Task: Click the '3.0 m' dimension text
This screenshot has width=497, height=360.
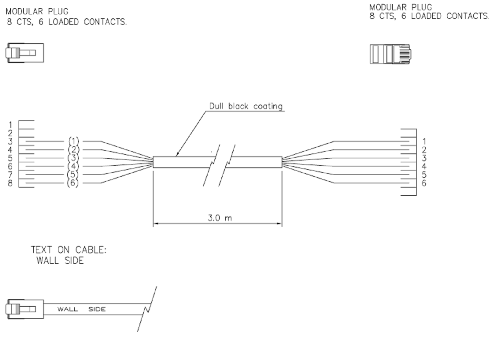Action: point(220,218)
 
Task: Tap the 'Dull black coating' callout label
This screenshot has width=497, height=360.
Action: point(246,106)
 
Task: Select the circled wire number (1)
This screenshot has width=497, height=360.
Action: point(73,141)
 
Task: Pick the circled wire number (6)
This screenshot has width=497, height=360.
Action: point(73,183)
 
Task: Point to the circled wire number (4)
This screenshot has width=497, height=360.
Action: point(73,166)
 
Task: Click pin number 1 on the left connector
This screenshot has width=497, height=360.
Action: point(10,125)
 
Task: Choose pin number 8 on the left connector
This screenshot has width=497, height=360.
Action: point(10,183)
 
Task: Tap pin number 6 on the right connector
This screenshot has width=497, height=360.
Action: point(424,183)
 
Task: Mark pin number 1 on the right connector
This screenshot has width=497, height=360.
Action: point(424,141)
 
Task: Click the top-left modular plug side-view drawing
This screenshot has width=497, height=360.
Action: point(25,53)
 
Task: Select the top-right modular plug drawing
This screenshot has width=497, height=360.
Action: point(391,54)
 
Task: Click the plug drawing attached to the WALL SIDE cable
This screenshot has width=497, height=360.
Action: point(25,309)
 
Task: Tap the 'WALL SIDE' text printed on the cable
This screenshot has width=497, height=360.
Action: point(81,309)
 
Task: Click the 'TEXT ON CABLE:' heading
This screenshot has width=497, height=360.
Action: point(68,250)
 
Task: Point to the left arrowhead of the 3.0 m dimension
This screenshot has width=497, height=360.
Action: point(156,223)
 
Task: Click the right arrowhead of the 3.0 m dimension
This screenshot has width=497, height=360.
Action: point(280,223)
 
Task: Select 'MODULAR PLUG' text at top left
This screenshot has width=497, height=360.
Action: point(37,11)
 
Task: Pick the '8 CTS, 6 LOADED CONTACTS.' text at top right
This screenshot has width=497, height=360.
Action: point(429,16)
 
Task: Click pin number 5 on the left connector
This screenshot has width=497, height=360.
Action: point(10,158)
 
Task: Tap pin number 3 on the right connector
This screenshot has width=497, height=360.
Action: point(424,158)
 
